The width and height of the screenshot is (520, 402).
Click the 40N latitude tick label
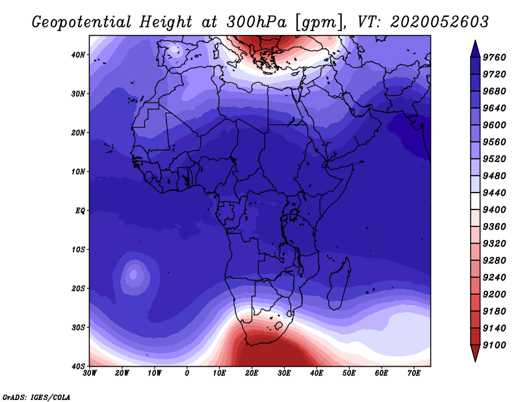coord(78,55)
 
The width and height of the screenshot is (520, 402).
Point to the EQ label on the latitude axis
coord(80,211)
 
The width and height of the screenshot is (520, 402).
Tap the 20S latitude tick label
coord(78,288)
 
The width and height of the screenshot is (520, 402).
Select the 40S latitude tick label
coord(78,366)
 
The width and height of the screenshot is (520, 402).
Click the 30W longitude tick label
coord(90,373)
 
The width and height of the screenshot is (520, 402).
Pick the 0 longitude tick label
coord(187,373)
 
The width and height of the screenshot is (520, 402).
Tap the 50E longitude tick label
coord(349,373)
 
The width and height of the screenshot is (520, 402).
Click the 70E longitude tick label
coord(414,373)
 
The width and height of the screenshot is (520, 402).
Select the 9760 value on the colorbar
coord(494,57)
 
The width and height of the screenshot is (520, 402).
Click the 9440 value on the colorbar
coord(494,193)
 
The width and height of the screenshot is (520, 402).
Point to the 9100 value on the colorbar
coord(494,345)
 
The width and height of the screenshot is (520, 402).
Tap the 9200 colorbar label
coord(494,295)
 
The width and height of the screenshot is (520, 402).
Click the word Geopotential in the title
coord(82,22)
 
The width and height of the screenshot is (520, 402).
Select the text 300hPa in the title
coord(256,22)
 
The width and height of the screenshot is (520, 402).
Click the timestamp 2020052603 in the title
coord(439,22)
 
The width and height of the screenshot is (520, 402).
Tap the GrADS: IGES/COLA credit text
coord(36,397)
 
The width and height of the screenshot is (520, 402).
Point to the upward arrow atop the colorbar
coord(475,49)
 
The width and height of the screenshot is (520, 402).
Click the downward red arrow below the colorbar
coord(475,353)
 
